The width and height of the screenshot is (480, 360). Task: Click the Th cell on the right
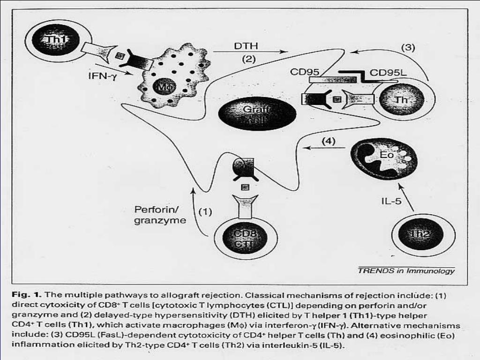(402, 99)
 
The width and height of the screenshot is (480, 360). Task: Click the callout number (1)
(205, 211)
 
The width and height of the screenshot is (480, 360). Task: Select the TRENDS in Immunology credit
(406, 270)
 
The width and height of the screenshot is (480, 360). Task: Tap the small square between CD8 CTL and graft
(243, 187)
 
